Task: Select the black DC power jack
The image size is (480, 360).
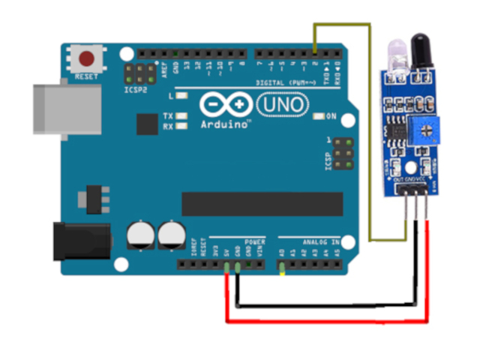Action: (x=79, y=240)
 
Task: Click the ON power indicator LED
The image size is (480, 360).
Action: (x=320, y=116)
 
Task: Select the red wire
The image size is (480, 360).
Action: (x=322, y=322)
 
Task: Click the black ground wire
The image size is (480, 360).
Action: (x=322, y=305)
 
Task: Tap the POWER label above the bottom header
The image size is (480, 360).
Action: (x=256, y=242)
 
